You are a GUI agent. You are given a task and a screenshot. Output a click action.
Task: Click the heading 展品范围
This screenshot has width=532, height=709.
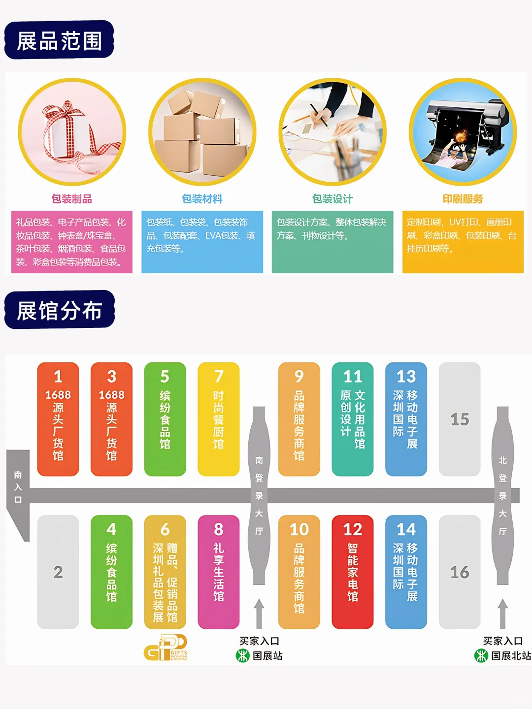coord(59,40)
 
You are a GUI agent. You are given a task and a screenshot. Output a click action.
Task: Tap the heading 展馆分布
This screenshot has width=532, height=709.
coord(59,310)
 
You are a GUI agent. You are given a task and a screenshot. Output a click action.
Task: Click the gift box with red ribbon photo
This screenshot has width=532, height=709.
coord(72,132)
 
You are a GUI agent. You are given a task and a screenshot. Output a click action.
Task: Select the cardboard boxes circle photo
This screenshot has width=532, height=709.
coord(202,132)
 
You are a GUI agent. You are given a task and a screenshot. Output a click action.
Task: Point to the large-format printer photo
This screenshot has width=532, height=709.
coord(463,132)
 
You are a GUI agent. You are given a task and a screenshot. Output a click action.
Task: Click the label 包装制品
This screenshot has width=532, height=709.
coord(72,199)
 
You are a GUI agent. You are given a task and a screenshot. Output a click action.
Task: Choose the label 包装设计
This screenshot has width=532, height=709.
coord(332,199)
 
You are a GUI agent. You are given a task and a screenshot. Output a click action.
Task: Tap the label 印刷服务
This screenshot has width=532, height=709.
coord(463,199)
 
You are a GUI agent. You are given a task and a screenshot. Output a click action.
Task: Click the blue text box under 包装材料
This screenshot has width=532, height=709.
coord(202,242)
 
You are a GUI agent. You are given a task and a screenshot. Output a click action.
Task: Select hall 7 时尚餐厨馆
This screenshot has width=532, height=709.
coord(218,419)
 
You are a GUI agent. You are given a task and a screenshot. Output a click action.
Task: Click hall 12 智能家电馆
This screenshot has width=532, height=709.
coord(353,572)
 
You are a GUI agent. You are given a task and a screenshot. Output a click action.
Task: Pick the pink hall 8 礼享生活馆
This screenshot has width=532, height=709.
coord(218,572)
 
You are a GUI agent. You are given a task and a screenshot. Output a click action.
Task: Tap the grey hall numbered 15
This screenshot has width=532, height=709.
coord(460,419)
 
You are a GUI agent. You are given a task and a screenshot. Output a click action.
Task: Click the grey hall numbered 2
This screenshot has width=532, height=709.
coord(58,572)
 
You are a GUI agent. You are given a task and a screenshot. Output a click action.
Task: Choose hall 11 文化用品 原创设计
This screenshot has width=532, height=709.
coord(353,419)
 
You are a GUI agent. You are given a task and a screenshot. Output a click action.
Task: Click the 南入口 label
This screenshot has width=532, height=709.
coord(18,487)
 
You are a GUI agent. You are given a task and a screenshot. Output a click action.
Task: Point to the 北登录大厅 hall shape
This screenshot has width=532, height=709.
coord(502,495)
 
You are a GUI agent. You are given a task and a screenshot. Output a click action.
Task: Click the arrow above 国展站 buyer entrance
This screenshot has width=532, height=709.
coord(259,613)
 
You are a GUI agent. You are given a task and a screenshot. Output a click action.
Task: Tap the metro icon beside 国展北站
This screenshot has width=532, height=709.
coord(481,655)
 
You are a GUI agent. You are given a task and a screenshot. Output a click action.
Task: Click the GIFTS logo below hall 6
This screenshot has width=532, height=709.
coord(166,648)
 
